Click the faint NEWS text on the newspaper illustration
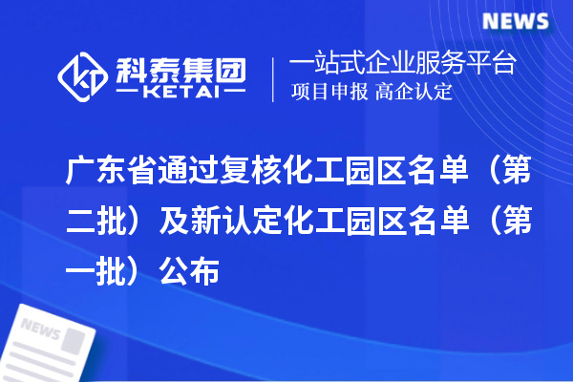(41, 329)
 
